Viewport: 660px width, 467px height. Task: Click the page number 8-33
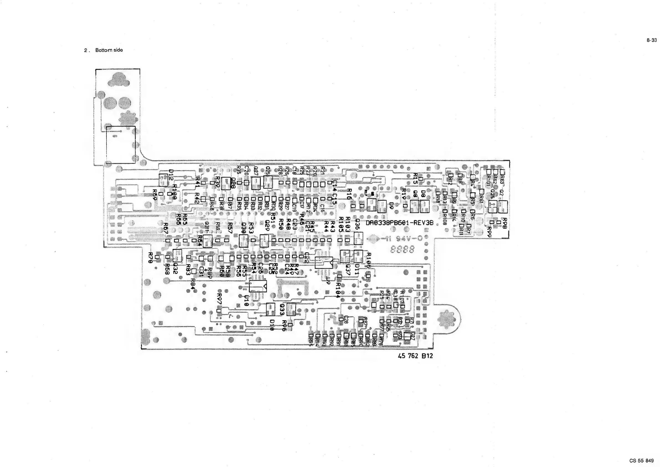[x=652, y=40]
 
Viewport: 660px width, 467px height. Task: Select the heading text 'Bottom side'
[x=109, y=50]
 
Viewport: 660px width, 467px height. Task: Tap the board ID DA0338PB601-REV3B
[x=399, y=223]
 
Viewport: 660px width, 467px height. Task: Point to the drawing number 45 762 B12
[x=415, y=356]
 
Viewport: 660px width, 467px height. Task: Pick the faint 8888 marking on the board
[x=402, y=249]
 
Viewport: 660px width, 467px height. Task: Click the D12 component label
[x=171, y=175]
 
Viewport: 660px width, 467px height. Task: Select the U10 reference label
[x=246, y=300]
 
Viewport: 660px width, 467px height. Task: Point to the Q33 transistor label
[x=282, y=310]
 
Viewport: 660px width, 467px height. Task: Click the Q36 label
[x=358, y=224]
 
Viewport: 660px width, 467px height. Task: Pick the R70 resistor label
[x=150, y=257]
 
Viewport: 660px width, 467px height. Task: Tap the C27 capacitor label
[x=413, y=336]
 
